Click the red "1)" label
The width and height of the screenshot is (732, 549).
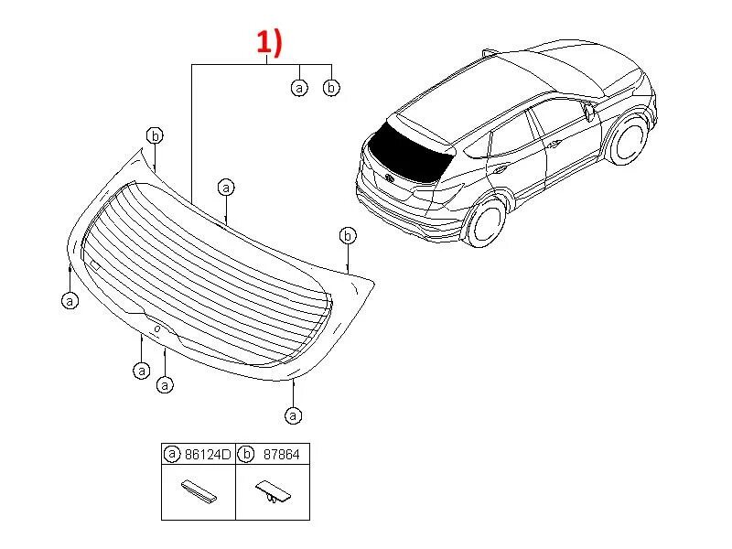click(x=267, y=42)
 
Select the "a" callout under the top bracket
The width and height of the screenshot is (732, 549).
click(x=299, y=88)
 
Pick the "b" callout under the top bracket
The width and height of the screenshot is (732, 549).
click(x=331, y=88)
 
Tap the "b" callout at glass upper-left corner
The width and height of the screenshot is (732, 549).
click(x=156, y=135)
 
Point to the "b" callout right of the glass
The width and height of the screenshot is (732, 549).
click(x=348, y=235)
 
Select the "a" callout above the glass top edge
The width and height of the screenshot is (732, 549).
click(x=226, y=187)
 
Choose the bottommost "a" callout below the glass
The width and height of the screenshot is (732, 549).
click(x=293, y=415)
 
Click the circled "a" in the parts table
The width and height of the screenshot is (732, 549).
click(x=171, y=453)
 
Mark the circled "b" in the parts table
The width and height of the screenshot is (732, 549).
click(x=245, y=453)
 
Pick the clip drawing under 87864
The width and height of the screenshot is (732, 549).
click(x=272, y=494)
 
